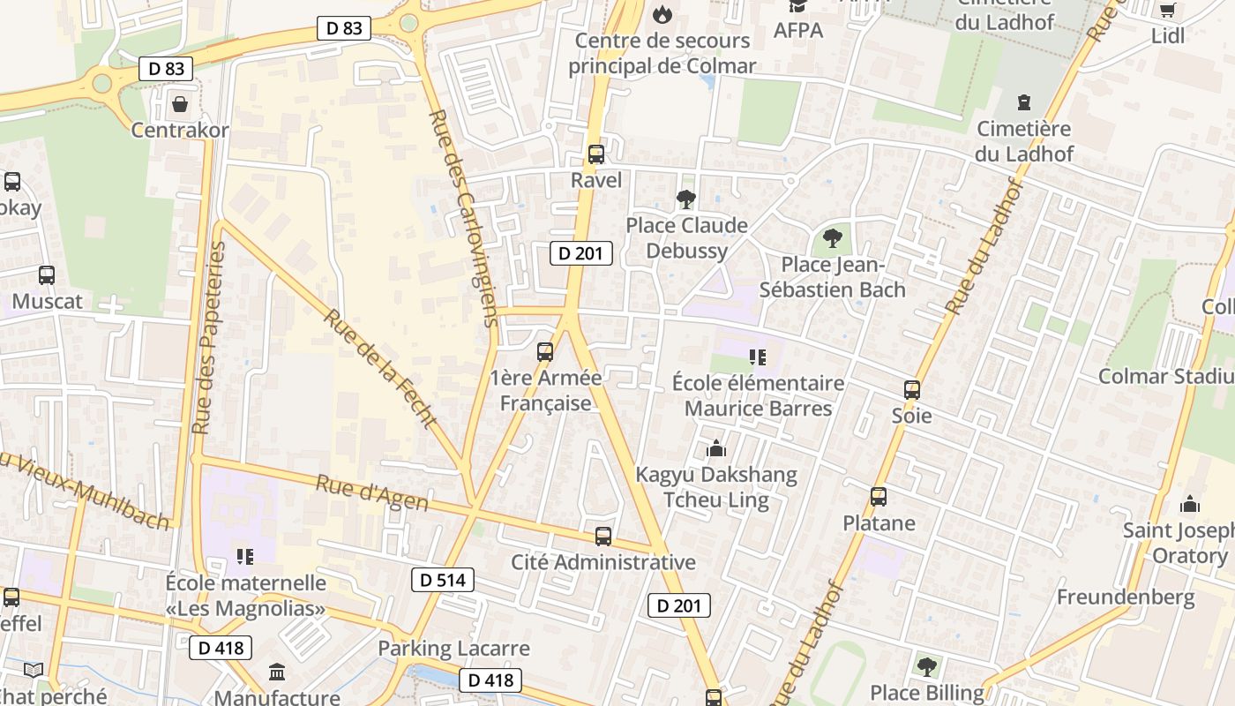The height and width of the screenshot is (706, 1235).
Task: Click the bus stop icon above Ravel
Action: [596, 154]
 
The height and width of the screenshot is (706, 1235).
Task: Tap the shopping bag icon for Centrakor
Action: [180, 104]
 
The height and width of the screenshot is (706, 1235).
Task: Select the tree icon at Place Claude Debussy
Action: [686, 199]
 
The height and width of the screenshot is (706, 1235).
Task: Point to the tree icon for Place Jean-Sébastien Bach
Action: [832, 237]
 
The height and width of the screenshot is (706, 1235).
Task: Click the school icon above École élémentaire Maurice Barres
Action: [758, 357]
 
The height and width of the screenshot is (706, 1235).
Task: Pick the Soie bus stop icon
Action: [911, 389]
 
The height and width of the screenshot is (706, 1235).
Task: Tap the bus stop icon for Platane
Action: [879, 497]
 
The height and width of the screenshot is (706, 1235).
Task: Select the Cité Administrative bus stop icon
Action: [603, 536]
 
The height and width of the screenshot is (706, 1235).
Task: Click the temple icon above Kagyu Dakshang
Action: [716, 449]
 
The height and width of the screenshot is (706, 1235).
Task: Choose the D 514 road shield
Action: [443, 580]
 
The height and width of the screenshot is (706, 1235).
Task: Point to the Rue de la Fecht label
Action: [380, 367]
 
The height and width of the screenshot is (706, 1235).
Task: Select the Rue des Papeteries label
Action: [210, 338]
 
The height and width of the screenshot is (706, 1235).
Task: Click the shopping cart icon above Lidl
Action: [1168, 10]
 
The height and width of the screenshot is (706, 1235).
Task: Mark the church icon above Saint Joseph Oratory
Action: [1190, 505]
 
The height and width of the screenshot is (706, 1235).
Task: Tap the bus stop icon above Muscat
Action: [47, 275]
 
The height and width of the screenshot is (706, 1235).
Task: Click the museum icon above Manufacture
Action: [277, 672]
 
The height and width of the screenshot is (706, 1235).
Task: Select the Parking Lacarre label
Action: [453, 649]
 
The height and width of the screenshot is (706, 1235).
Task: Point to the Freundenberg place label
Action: [1126, 597]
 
